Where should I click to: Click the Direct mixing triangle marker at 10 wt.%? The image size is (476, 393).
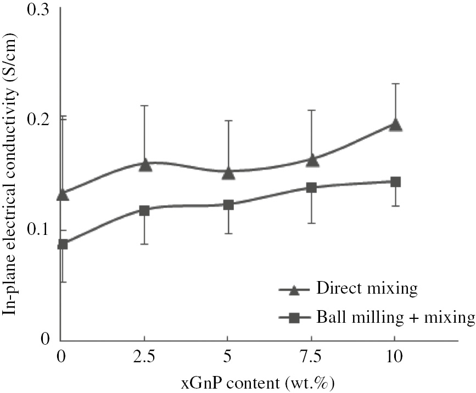(x=395, y=125)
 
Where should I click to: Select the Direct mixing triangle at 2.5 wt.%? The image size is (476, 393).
(x=145, y=164)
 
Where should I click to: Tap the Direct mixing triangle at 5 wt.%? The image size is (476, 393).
(x=228, y=173)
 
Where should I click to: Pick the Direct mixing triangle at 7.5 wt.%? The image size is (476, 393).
(x=312, y=160)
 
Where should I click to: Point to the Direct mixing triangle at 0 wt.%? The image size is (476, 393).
(x=63, y=194)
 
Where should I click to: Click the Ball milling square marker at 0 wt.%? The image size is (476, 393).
(x=63, y=244)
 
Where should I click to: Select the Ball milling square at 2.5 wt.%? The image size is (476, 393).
(x=144, y=210)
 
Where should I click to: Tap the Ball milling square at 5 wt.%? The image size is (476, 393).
(x=228, y=205)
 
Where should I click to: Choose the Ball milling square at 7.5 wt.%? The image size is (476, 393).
(x=311, y=188)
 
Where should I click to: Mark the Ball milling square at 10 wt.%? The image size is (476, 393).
(x=395, y=182)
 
